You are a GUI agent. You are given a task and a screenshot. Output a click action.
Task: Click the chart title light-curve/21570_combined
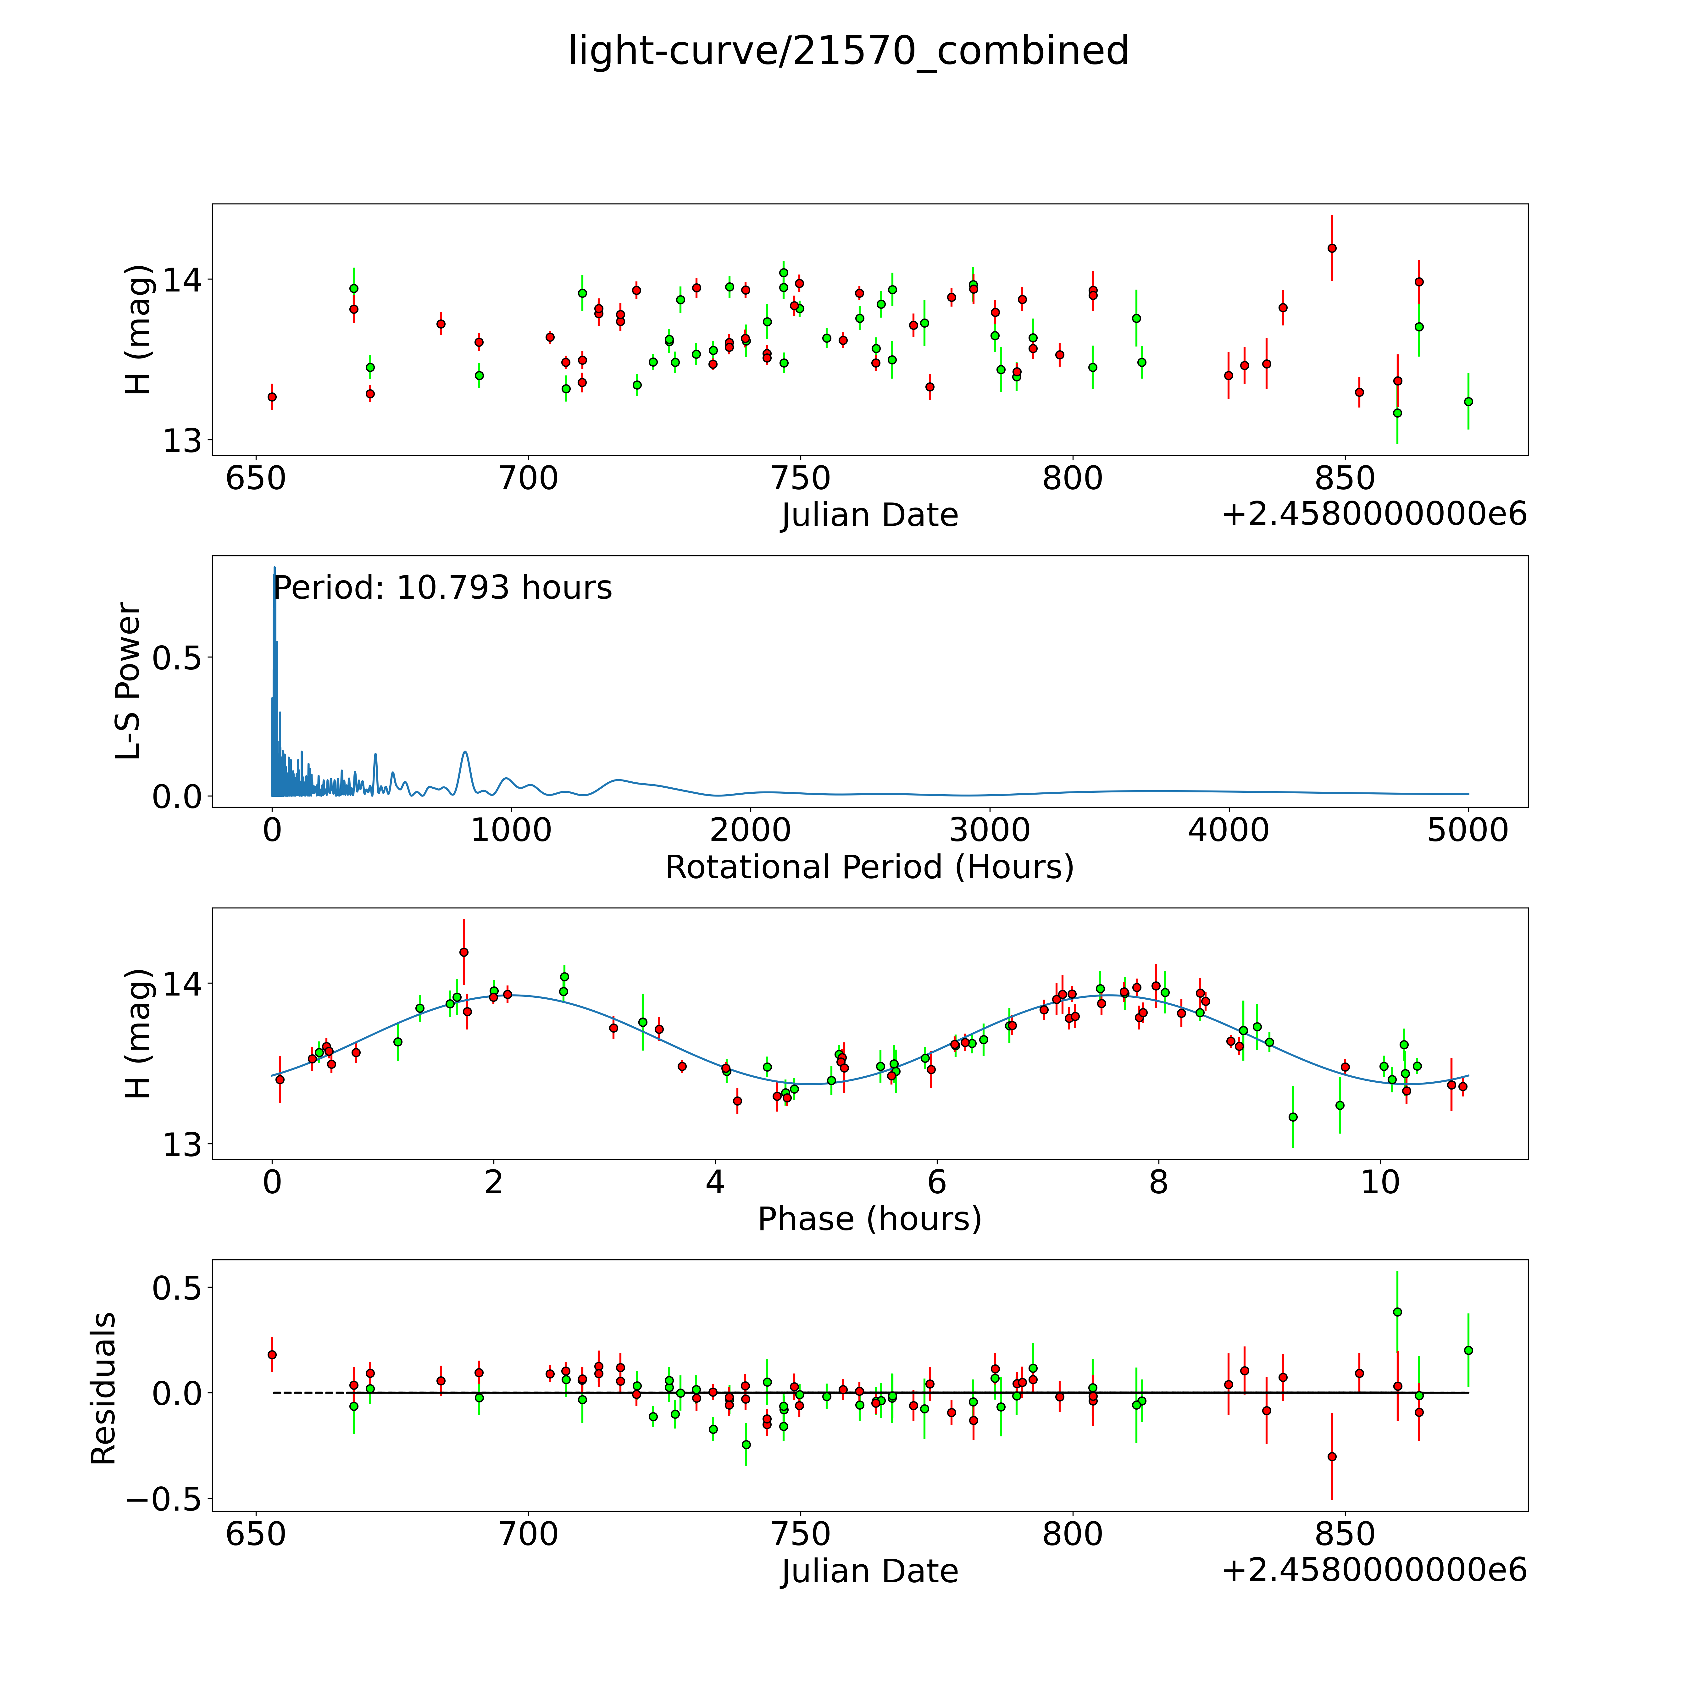pos(848,51)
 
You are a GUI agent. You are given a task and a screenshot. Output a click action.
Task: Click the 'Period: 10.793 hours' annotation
pos(442,588)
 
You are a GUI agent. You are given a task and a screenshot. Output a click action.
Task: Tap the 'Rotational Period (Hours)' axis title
pos(869,868)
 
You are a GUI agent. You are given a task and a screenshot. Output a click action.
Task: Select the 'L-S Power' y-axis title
pos(128,681)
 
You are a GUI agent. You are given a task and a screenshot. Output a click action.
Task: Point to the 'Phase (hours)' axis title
pos(869,1219)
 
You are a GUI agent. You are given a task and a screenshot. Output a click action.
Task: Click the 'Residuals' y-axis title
pos(104,1389)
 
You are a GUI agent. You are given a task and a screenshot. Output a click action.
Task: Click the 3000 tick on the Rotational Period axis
pos(990,830)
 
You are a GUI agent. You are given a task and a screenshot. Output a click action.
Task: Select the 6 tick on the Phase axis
pos(937,1182)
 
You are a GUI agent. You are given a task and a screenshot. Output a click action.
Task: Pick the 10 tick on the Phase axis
pos(1380,1182)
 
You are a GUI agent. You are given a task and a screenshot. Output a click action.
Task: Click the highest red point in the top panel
pos(1331,248)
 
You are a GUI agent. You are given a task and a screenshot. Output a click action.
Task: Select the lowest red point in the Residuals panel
pos(1331,1456)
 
